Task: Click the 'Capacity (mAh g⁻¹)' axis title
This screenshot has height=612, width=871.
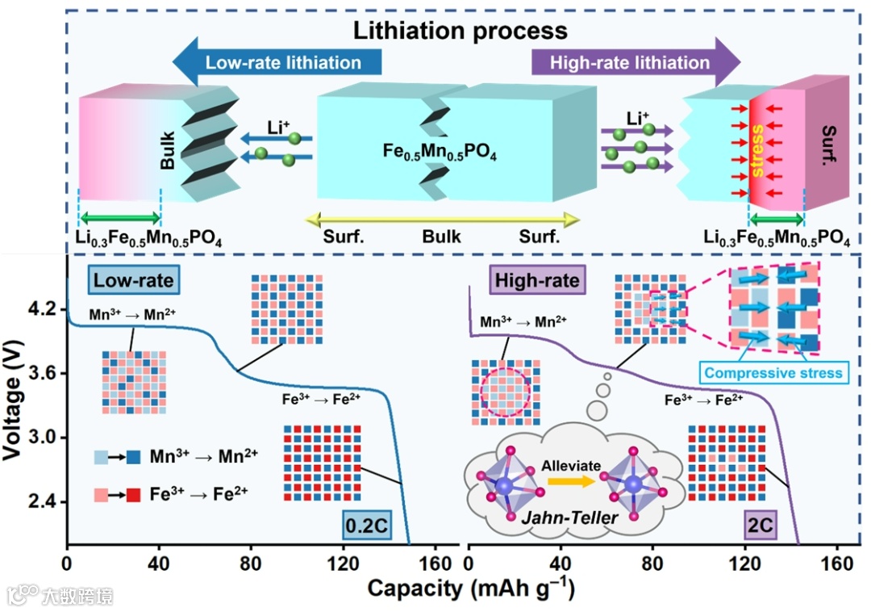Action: (x=472, y=588)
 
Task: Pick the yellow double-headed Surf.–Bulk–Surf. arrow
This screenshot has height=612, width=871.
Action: (x=440, y=218)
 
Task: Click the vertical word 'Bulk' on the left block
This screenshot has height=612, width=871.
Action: (x=168, y=151)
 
